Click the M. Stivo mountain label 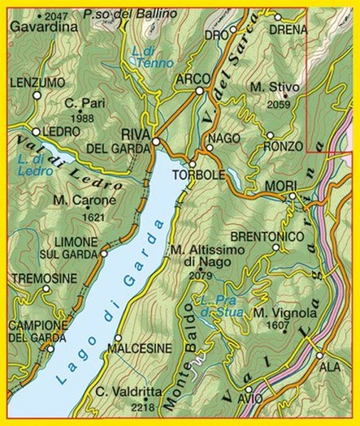(271, 87)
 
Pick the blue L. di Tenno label (153, 57)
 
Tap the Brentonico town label (268, 235)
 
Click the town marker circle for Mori (292, 197)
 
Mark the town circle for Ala (320, 355)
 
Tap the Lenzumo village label (38, 82)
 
